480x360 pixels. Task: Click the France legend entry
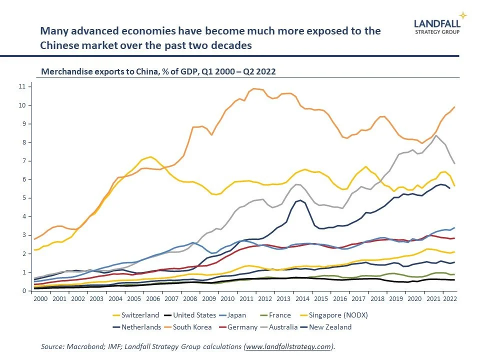[279, 315]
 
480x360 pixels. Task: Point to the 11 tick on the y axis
[21, 86]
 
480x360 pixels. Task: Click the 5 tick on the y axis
[23, 198]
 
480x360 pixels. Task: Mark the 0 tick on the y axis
[23, 290]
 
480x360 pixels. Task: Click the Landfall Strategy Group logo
[437, 26]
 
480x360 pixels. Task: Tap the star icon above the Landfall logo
[463, 15]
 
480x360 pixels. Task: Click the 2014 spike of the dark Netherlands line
[299, 200]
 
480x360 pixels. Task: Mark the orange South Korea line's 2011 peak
[255, 89]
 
